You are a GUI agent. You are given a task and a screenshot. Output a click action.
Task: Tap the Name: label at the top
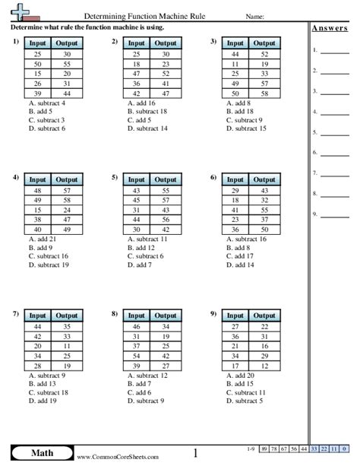click(x=255, y=15)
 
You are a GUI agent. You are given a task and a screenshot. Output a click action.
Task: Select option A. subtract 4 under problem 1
click(x=46, y=102)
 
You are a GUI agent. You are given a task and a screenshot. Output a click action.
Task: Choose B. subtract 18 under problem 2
click(x=149, y=111)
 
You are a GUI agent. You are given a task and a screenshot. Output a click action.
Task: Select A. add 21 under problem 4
click(x=42, y=238)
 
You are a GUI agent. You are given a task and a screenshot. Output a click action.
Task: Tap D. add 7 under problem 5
click(x=141, y=265)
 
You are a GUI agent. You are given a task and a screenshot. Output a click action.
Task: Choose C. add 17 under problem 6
click(x=242, y=256)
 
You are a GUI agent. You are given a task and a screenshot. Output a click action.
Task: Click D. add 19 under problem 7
click(x=43, y=401)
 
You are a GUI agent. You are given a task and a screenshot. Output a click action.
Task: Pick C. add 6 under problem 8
click(x=141, y=392)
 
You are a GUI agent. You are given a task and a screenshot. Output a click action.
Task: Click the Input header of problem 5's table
click(x=137, y=179)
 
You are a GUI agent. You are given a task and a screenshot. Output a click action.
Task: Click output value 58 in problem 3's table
click(x=263, y=94)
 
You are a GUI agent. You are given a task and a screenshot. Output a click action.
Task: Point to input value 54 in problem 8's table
click(x=137, y=355)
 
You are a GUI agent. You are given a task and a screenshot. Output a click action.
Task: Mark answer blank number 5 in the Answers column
click(x=335, y=132)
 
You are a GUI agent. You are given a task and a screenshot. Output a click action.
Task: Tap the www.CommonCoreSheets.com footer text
click(x=117, y=458)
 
